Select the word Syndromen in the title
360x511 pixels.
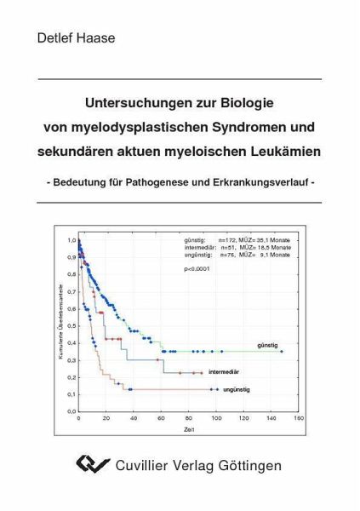tap(239, 127)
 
